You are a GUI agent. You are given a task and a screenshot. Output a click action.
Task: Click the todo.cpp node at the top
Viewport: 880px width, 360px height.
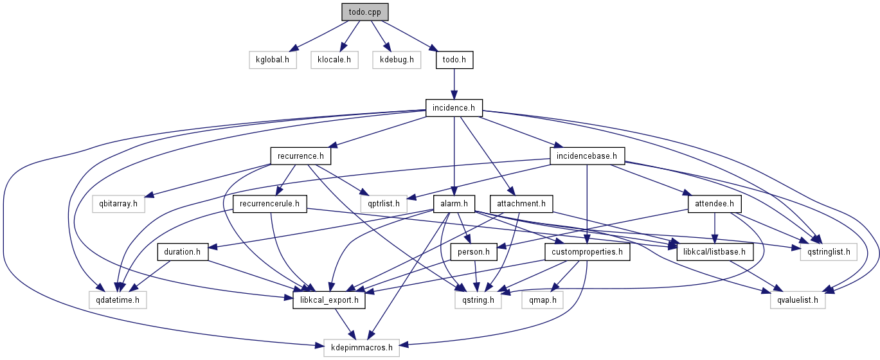point(365,12)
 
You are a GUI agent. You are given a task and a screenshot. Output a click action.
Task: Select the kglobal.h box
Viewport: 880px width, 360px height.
point(273,60)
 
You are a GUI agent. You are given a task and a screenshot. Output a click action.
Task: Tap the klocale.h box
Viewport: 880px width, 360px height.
point(334,60)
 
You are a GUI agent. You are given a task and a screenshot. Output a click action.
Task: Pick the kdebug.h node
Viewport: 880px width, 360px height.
point(396,60)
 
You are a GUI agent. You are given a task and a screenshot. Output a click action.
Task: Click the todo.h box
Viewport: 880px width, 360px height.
point(454,60)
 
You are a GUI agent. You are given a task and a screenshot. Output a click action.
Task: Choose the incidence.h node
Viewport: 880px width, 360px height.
point(454,107)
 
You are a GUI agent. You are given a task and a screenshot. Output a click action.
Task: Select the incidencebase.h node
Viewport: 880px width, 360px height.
point(588,156)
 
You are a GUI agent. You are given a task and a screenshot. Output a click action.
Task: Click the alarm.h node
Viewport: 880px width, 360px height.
point(454,204)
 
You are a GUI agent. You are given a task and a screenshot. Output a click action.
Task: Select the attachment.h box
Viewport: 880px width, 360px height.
point(521,204)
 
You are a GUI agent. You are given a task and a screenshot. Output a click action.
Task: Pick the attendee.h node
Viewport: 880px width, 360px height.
point(715,204)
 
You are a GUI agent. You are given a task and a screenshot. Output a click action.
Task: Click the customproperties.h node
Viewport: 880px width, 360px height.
point(587,252)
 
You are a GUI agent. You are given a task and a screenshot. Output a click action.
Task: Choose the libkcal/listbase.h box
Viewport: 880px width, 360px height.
point(715,252)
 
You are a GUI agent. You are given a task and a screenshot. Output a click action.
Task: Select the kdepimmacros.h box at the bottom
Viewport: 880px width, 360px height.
point(361,347)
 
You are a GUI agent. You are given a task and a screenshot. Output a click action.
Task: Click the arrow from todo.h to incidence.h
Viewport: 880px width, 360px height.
point(454,84)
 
